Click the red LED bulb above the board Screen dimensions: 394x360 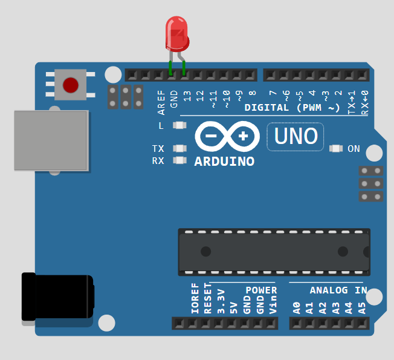click(x=177, y=34)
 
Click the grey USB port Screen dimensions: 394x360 click(x=51, y=140)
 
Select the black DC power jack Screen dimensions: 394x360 click(x=58, y=296)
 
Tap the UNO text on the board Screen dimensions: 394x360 click(x=295, y=136)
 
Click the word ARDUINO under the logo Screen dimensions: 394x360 click(x=224, y=162)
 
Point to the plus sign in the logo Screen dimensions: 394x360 click(x=243, y=136)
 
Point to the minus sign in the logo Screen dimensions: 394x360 click(x=211, y=136)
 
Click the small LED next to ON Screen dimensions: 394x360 click(x=336, y=148)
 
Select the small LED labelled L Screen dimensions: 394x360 click(x=179, y=125)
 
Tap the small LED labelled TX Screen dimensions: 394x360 click(x=179, y=148)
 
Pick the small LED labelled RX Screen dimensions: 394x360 click(x=179, y=160)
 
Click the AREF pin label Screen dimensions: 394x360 click(x=161, y=102)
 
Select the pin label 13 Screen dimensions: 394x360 click(x=187, y=96)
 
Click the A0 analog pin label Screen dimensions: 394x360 click(x=297, y=308)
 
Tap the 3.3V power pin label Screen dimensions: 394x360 click(x=221, y=301)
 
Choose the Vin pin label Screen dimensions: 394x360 click(x=273, y=305)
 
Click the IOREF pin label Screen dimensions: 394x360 click(x=195, y=298)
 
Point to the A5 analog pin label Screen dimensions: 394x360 click(x=361, y=308)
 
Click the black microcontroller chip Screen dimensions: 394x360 click(x=274, y=252)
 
